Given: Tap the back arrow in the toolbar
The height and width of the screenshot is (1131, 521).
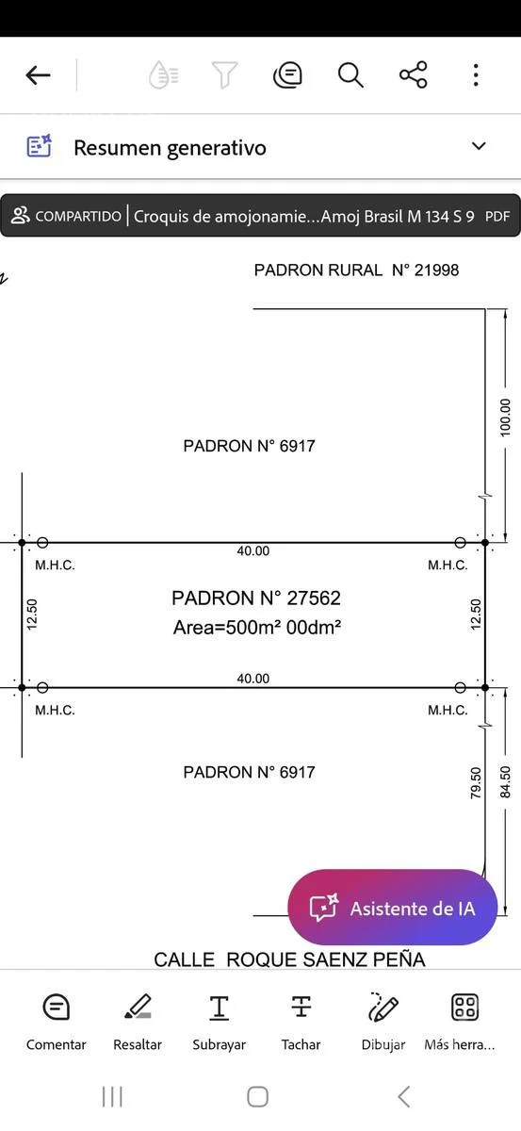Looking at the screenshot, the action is tap(39, 75).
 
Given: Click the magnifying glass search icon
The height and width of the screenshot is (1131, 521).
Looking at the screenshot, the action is tap(350, 75).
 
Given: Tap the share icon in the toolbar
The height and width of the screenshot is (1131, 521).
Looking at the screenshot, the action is tap(414, 74).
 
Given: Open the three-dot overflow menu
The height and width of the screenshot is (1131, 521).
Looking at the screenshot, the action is tap(476, 75).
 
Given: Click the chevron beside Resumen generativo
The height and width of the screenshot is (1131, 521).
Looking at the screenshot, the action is tap(478, 146).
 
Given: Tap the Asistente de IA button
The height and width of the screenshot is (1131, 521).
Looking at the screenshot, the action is tap(392, 908).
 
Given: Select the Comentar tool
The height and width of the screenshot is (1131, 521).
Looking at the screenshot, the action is tap(56, 1021).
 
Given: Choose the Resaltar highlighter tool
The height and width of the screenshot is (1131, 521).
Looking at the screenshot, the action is tap(138, 1021).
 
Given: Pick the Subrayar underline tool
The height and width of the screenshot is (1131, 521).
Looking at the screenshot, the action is tap(220, 1021).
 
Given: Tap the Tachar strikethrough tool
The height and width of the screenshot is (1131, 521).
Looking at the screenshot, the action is tap(301, 1021).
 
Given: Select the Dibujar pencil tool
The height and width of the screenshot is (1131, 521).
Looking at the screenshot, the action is tap(383, 1021).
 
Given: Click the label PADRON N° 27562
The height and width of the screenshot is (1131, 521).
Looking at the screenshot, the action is tap(256, 598).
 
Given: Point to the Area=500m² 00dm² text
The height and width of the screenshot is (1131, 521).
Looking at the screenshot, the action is tap(257, 627).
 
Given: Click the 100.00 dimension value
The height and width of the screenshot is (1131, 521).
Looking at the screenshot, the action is tap(505, 417).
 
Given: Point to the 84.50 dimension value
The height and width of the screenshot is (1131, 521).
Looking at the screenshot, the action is tap(505, 782).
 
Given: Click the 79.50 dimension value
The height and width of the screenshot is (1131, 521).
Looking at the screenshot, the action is tap(476, 783).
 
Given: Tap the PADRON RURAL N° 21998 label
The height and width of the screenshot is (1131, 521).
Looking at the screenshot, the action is tap(356, 270).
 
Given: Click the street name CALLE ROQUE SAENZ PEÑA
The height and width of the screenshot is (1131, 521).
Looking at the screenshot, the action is tap(289, 959).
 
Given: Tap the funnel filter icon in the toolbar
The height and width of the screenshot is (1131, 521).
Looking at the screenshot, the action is tap(224, 75).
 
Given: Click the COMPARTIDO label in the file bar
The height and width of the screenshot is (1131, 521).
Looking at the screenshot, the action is tap(78, 216).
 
